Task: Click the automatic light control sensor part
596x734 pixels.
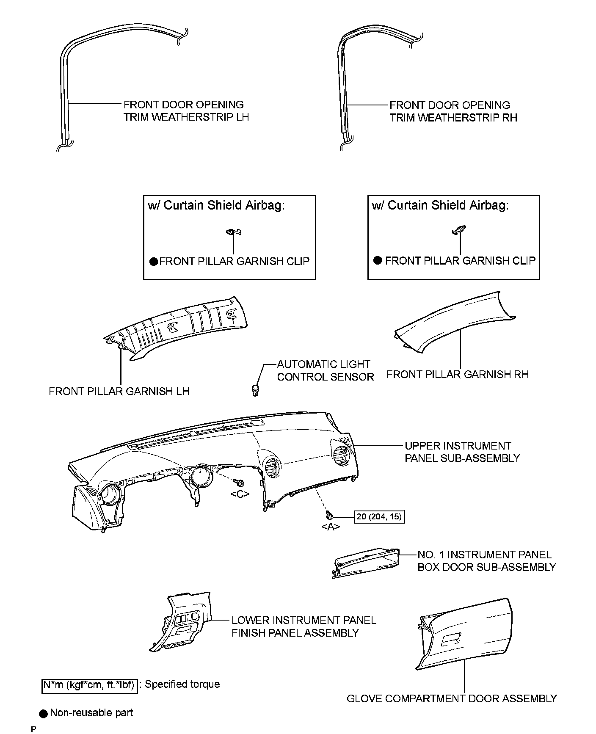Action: [255, 389]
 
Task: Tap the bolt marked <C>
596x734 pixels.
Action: [240, 483]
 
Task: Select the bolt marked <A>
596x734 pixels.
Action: [329, 515]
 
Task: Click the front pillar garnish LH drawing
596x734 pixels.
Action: [178, 326]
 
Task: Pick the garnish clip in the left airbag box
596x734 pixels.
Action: [234, 232]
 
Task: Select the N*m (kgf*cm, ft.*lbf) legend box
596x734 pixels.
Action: [89, 685]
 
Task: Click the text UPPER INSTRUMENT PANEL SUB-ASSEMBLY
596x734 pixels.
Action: [462, 452]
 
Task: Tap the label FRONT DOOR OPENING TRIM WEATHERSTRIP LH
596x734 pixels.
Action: [186, 110]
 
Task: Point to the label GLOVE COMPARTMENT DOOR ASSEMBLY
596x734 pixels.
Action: [451, 698]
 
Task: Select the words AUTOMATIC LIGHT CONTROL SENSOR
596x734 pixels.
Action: [325, 370]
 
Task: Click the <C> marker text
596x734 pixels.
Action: [240, 494]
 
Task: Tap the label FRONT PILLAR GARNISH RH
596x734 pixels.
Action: [457, 374]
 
